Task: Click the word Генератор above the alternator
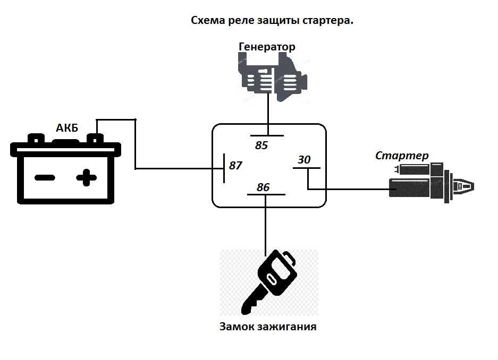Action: coord(267,47)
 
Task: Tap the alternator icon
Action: coord(273,77)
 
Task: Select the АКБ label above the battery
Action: coord(67,128)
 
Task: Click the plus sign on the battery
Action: coord(87,178)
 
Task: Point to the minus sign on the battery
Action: coord(45,178)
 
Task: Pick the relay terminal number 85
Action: coord(261,145)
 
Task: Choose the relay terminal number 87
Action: coord(235,165)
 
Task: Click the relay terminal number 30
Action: coord(304,159)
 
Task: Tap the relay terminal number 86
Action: coord(263,187)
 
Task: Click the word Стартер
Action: coord(402,156)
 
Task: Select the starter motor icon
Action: coord(432,182)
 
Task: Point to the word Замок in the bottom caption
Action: coord(237,327)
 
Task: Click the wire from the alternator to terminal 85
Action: coord(268,115)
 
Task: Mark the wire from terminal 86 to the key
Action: coord(266,225)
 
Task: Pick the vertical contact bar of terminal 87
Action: coord(224,168)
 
